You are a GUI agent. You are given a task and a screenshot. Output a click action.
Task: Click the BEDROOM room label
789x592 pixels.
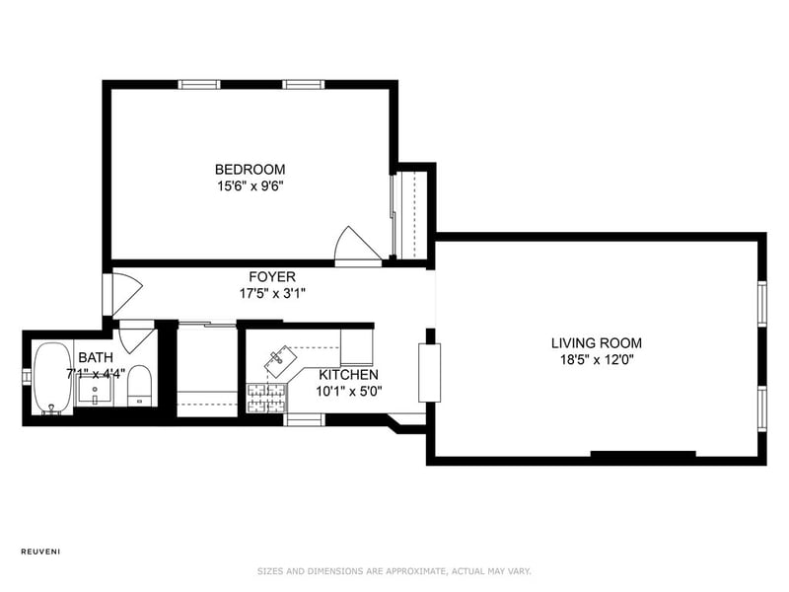coord(251,169)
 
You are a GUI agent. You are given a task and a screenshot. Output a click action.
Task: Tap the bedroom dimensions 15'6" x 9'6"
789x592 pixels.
coord(251,186)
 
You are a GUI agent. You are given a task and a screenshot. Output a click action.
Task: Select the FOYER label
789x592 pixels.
coord(272,276)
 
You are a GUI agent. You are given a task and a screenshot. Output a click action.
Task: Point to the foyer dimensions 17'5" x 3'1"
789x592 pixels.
coord(272,293)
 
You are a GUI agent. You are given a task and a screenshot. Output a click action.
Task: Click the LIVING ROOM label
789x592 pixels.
coord(597,343)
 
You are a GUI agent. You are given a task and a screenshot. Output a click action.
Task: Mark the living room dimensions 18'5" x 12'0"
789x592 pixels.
coord(597,360)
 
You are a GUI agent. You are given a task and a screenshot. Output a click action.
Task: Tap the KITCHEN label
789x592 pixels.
coord(349,375)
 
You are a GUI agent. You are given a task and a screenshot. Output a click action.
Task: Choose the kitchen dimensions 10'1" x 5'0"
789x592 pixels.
coord(349,391)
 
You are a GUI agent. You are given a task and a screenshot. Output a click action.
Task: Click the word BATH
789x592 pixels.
coord(96,358)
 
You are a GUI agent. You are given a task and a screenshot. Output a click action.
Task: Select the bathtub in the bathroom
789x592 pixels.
coord(52,379)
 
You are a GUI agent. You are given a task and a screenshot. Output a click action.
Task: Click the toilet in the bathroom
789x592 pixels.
coord(139,386)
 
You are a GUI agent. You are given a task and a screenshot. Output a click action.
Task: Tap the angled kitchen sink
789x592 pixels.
coord(280,361)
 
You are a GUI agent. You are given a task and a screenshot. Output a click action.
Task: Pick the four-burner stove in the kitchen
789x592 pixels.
coord(265,399)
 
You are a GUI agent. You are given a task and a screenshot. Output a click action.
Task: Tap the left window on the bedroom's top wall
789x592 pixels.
coord(199,84)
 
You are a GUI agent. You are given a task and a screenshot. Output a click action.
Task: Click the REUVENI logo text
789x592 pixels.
coord(40,552)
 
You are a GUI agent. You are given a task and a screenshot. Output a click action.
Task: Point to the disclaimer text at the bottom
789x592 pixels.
coord(394,571)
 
